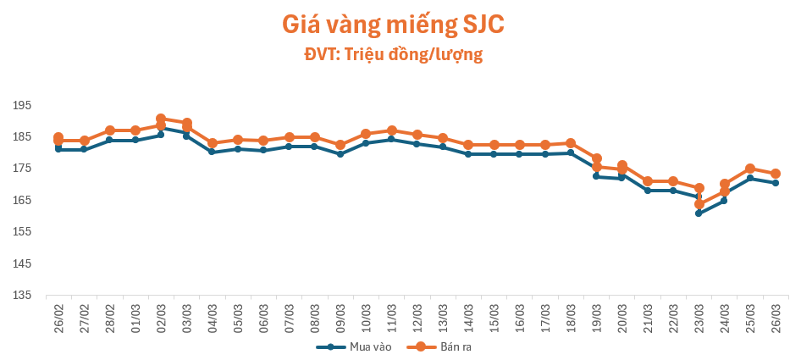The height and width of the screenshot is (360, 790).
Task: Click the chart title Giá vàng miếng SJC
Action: click(394, 25)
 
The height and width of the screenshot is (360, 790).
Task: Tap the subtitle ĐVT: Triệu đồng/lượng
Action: click(394, 55)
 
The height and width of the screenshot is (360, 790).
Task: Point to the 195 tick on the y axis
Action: click(22, 105)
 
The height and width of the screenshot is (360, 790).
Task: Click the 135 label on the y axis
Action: click(22, 296)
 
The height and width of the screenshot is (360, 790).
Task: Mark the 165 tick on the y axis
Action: click(22, 201)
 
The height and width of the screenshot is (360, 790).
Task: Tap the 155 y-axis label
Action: click(22, 232)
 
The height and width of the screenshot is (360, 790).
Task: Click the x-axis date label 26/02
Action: click(58, 318)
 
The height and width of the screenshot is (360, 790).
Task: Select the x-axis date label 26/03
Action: click(776, 318)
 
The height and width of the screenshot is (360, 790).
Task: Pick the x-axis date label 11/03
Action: click(391, 318)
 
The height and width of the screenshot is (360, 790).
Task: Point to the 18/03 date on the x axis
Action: click(571, 318)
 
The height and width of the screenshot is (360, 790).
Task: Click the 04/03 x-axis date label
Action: click(212, 318)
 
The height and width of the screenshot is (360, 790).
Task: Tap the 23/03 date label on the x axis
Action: click(699, 318)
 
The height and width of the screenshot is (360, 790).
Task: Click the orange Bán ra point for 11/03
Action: click(391, 130)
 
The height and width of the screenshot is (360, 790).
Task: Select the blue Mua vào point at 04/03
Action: click(212, 152)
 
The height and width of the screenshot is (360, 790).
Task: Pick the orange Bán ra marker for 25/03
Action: click(750, 169)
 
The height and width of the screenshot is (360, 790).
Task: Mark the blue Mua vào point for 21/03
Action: click(648, 191)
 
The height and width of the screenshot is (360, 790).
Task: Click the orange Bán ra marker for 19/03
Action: click(596, 158)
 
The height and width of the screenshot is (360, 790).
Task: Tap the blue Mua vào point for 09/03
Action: click(340, 154)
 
